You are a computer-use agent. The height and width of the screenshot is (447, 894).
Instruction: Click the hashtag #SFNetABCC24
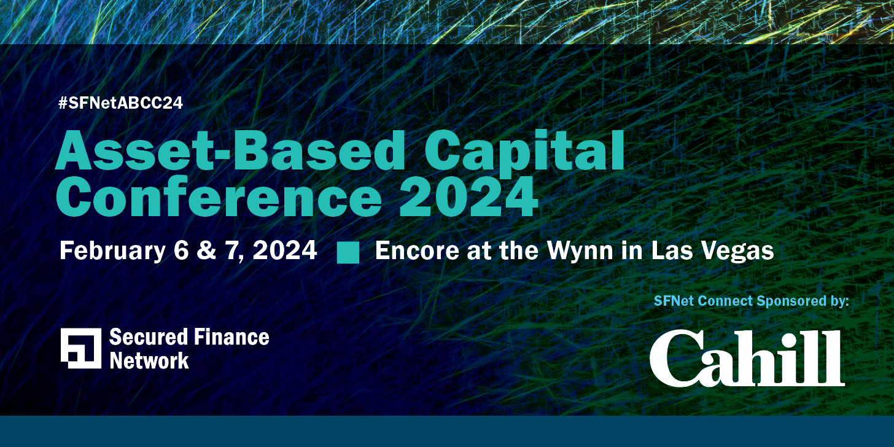pos(120,103)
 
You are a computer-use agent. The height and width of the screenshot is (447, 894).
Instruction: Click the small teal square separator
pos(348,252)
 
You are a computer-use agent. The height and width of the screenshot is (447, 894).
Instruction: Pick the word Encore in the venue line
pos(413,251)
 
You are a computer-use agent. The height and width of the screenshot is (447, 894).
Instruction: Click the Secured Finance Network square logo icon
pos(81,348)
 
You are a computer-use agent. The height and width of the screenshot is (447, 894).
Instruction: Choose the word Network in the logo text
pos(149,360)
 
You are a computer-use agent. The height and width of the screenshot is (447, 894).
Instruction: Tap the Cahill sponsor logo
pos(747,359)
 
